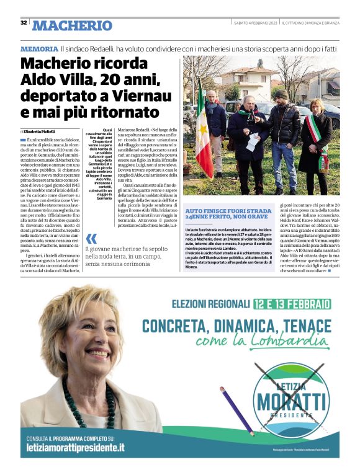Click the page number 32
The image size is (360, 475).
pyautogui.click(x=24, y=22)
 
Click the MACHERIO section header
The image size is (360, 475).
pyautogui.click(x=72, y=25)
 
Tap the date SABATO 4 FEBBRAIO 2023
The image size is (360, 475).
pyautogui.click(x=255, y=23)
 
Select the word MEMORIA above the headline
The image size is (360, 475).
pyautogui.click(x=39, y=48)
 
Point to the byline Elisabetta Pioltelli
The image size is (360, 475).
pyautogui.click(x=47, y=132)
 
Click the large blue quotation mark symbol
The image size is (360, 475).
pyautogui.click(x=91, y=240)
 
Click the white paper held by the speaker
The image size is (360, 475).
pyautogui.click(x=253, y=142)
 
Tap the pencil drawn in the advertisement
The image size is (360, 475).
pyautogui.click(x=235, y=409)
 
